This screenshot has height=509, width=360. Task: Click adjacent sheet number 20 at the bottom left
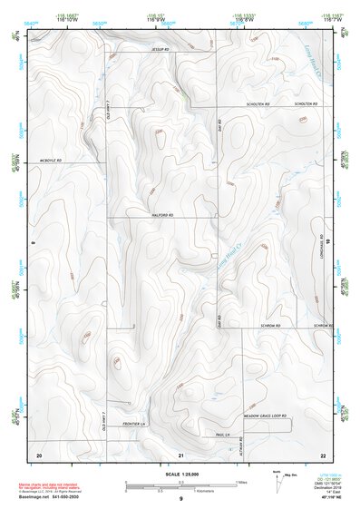(x=38, y=454)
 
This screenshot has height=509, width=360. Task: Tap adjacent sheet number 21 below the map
(x=181, y=454)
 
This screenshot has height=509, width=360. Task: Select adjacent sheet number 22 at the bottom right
(x=323, y=454)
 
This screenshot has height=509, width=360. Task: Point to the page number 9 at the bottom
(x=180, y=499)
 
